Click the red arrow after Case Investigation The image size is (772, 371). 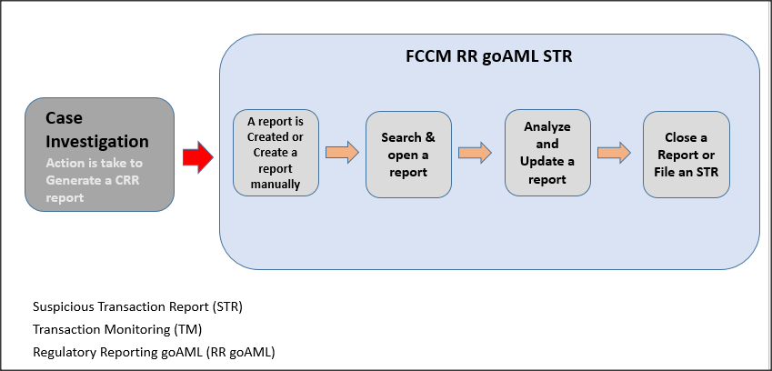196,157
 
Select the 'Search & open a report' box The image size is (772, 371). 408,155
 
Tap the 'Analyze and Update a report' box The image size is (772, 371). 547,153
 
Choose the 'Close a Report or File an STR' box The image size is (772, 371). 686,155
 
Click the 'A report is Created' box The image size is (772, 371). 276,153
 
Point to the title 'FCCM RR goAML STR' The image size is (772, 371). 488,56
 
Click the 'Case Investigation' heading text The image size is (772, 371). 97,129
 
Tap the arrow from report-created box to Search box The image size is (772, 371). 341,153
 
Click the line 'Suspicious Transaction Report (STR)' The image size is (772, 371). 137,306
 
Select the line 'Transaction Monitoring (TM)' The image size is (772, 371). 116,329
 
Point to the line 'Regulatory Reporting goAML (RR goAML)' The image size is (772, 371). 153,352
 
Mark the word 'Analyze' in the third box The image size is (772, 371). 547,126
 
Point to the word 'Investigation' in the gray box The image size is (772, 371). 97,141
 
